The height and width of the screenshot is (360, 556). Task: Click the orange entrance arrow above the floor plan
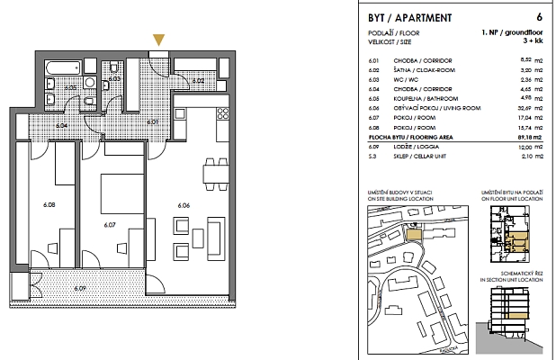pyautogui.click(x=159, y=40)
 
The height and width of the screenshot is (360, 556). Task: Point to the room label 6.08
pyautogui.click(x=49, y=205)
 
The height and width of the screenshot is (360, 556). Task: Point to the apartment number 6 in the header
pyautogui.click(x=538, y=17)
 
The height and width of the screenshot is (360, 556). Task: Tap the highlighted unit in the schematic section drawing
pyautogui.click(x=516, y=315)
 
